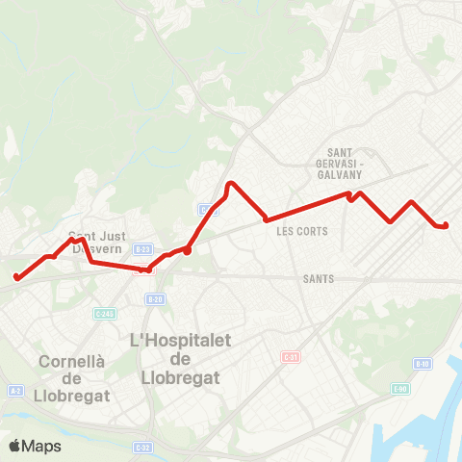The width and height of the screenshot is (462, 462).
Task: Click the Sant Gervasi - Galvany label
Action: point(350,162)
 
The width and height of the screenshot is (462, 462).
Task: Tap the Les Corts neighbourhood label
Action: point(301,231)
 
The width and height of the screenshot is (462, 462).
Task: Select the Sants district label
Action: point(317,279)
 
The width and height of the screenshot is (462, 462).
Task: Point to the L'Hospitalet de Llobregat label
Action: point(174,358)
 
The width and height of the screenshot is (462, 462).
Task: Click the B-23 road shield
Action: point(142,248)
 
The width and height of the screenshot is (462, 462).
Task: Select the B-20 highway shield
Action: point(154,299)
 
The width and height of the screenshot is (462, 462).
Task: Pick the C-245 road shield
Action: point(105,313)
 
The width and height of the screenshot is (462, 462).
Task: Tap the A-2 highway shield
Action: point(15,390)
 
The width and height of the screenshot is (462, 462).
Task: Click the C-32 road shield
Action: point(142,447)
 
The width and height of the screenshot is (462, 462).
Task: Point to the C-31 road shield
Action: point(290,357)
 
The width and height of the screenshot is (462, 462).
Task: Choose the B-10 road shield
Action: point(422,363)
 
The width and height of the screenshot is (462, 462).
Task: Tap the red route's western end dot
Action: point(16,277)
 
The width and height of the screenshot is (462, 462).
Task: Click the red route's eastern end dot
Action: point(446,226)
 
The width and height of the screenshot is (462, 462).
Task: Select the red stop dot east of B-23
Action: point(188,250)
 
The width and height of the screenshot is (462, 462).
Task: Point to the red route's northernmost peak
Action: point(230,183)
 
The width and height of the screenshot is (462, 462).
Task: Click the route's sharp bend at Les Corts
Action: point(266,219)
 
